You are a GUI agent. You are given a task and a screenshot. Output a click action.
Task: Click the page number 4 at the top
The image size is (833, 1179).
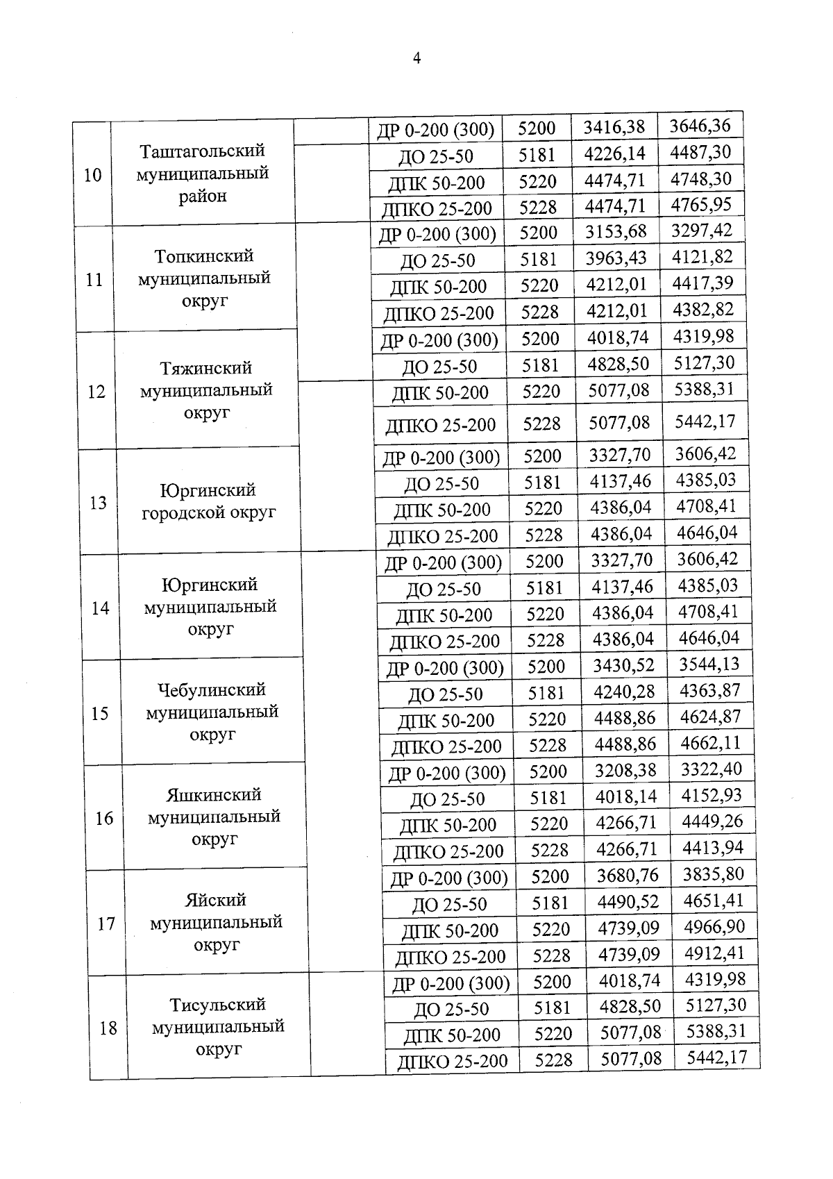(x=416, y=59)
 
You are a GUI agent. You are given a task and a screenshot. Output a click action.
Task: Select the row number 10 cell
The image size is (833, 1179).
(x=93, y=175)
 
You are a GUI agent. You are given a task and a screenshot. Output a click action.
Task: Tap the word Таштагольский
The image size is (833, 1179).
(x=203, y=151)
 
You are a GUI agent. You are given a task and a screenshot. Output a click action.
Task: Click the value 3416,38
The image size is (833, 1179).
(x=614, y=127)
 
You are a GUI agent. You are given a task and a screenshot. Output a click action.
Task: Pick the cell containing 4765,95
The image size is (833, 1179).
(x=701, y=205)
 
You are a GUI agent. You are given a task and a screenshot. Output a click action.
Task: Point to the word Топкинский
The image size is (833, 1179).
(x=204, y=256)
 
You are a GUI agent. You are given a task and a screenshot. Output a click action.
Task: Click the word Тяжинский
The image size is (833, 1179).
(x=205, y=368)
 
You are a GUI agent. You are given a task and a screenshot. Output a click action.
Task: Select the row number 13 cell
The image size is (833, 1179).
(x=98, y=503)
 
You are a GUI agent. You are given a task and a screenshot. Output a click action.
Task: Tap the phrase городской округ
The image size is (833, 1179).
(x=209, y=513)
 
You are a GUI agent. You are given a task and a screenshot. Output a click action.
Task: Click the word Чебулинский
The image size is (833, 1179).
(x=212, y=690)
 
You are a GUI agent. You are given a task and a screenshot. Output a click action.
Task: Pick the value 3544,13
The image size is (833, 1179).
(x=709, y=664)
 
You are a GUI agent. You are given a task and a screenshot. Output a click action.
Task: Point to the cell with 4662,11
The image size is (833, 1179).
(x=710, y=744)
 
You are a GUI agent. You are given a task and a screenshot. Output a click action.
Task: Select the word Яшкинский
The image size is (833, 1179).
(x=214, y=795)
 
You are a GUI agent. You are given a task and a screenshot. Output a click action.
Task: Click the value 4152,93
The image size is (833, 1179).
(x=712, y=796)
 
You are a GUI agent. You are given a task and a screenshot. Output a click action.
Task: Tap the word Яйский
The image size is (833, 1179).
(x=215, y=901)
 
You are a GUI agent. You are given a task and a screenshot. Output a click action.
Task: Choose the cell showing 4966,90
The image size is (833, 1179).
(x=714, y=927)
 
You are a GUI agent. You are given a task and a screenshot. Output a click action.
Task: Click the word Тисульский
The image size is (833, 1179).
(x=218, y=1005)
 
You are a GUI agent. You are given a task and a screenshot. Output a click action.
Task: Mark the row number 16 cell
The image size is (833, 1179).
(x=104, y=819)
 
